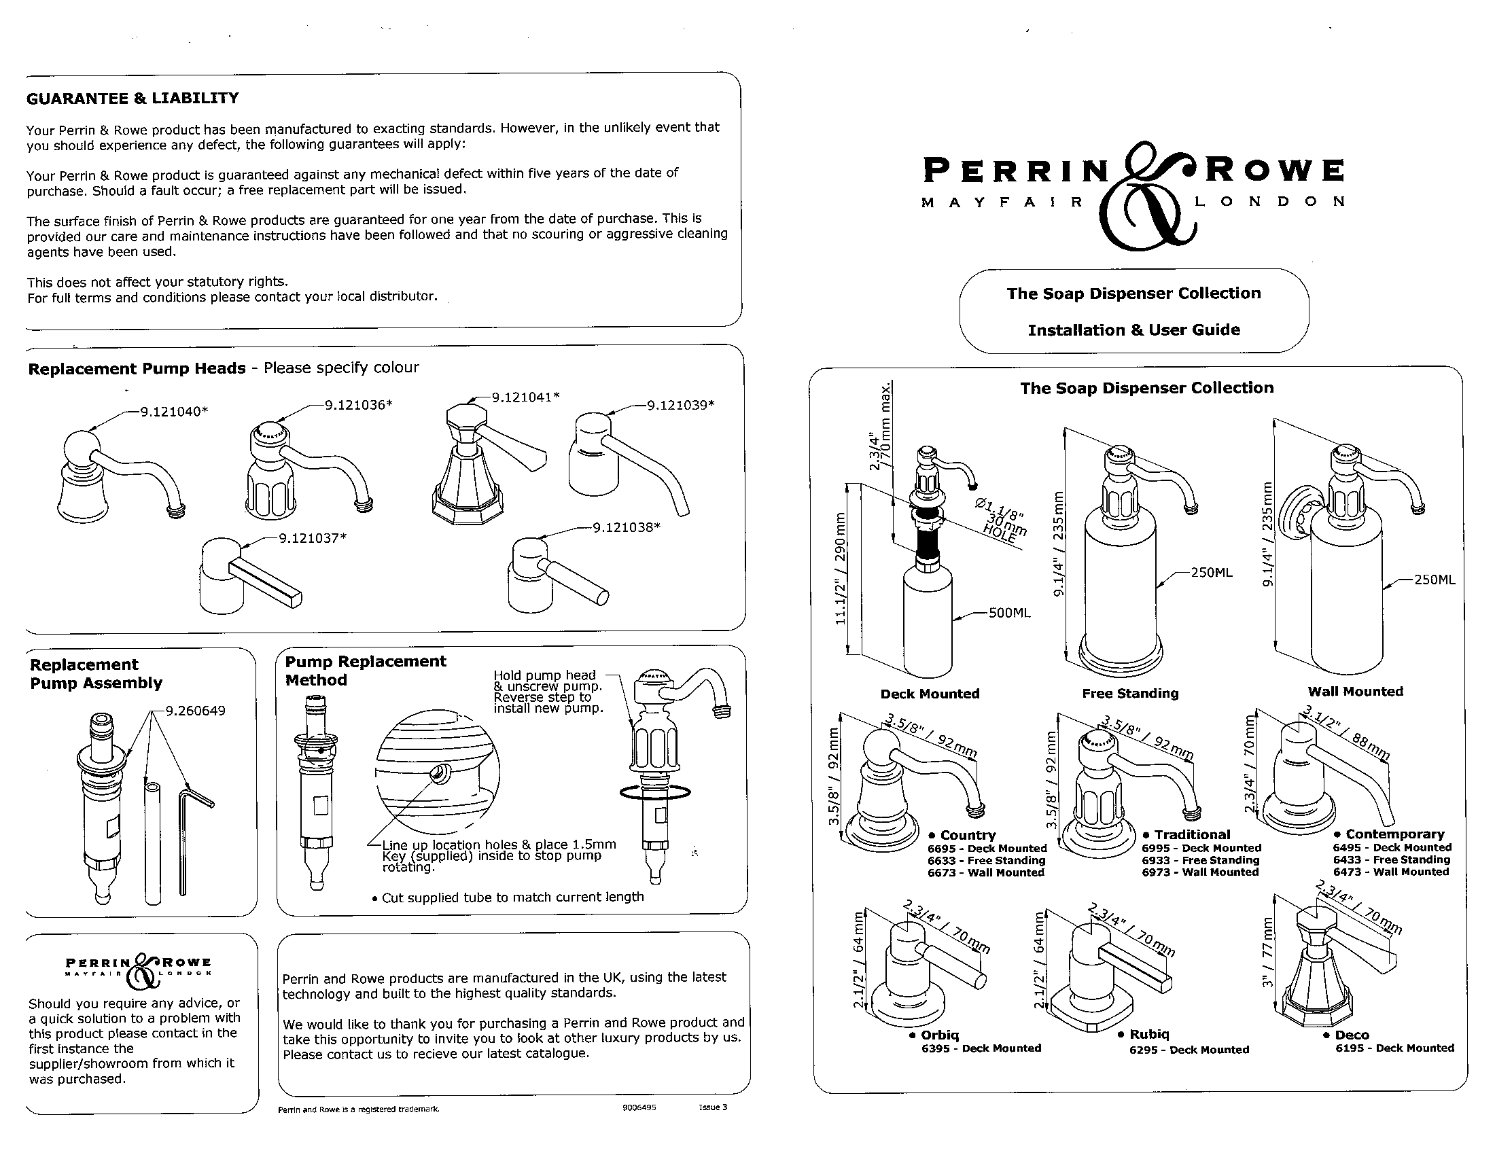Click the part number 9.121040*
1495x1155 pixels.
click(x=174, y=412)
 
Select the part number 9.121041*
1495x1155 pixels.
click(x=526, y=397)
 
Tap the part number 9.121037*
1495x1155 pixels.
click(x=312, y=538)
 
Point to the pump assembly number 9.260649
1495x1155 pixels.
click(x=195, y=710)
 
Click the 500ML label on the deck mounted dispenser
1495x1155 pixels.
click(x=1009, y=613)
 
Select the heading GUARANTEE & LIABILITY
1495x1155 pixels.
click(x=132, y=99)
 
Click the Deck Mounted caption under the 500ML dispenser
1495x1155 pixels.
click(x=930, y=694)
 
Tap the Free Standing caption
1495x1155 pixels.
click(x=1130, y=693)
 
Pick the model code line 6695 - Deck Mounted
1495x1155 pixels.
click(x=987, y=849)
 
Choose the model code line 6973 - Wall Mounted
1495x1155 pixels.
click(x=1200, y=872)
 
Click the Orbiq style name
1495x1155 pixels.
click(x=939, y=1035)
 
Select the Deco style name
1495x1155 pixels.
click(x=1351, y=1035)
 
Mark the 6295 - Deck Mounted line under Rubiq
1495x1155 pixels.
click(x=1189, y=1050)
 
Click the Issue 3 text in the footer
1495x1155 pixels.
click(x=713, y=1108)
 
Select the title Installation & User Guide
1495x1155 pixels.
click(x=1133, y=330)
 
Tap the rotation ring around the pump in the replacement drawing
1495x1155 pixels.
click(x=654, y=792)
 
